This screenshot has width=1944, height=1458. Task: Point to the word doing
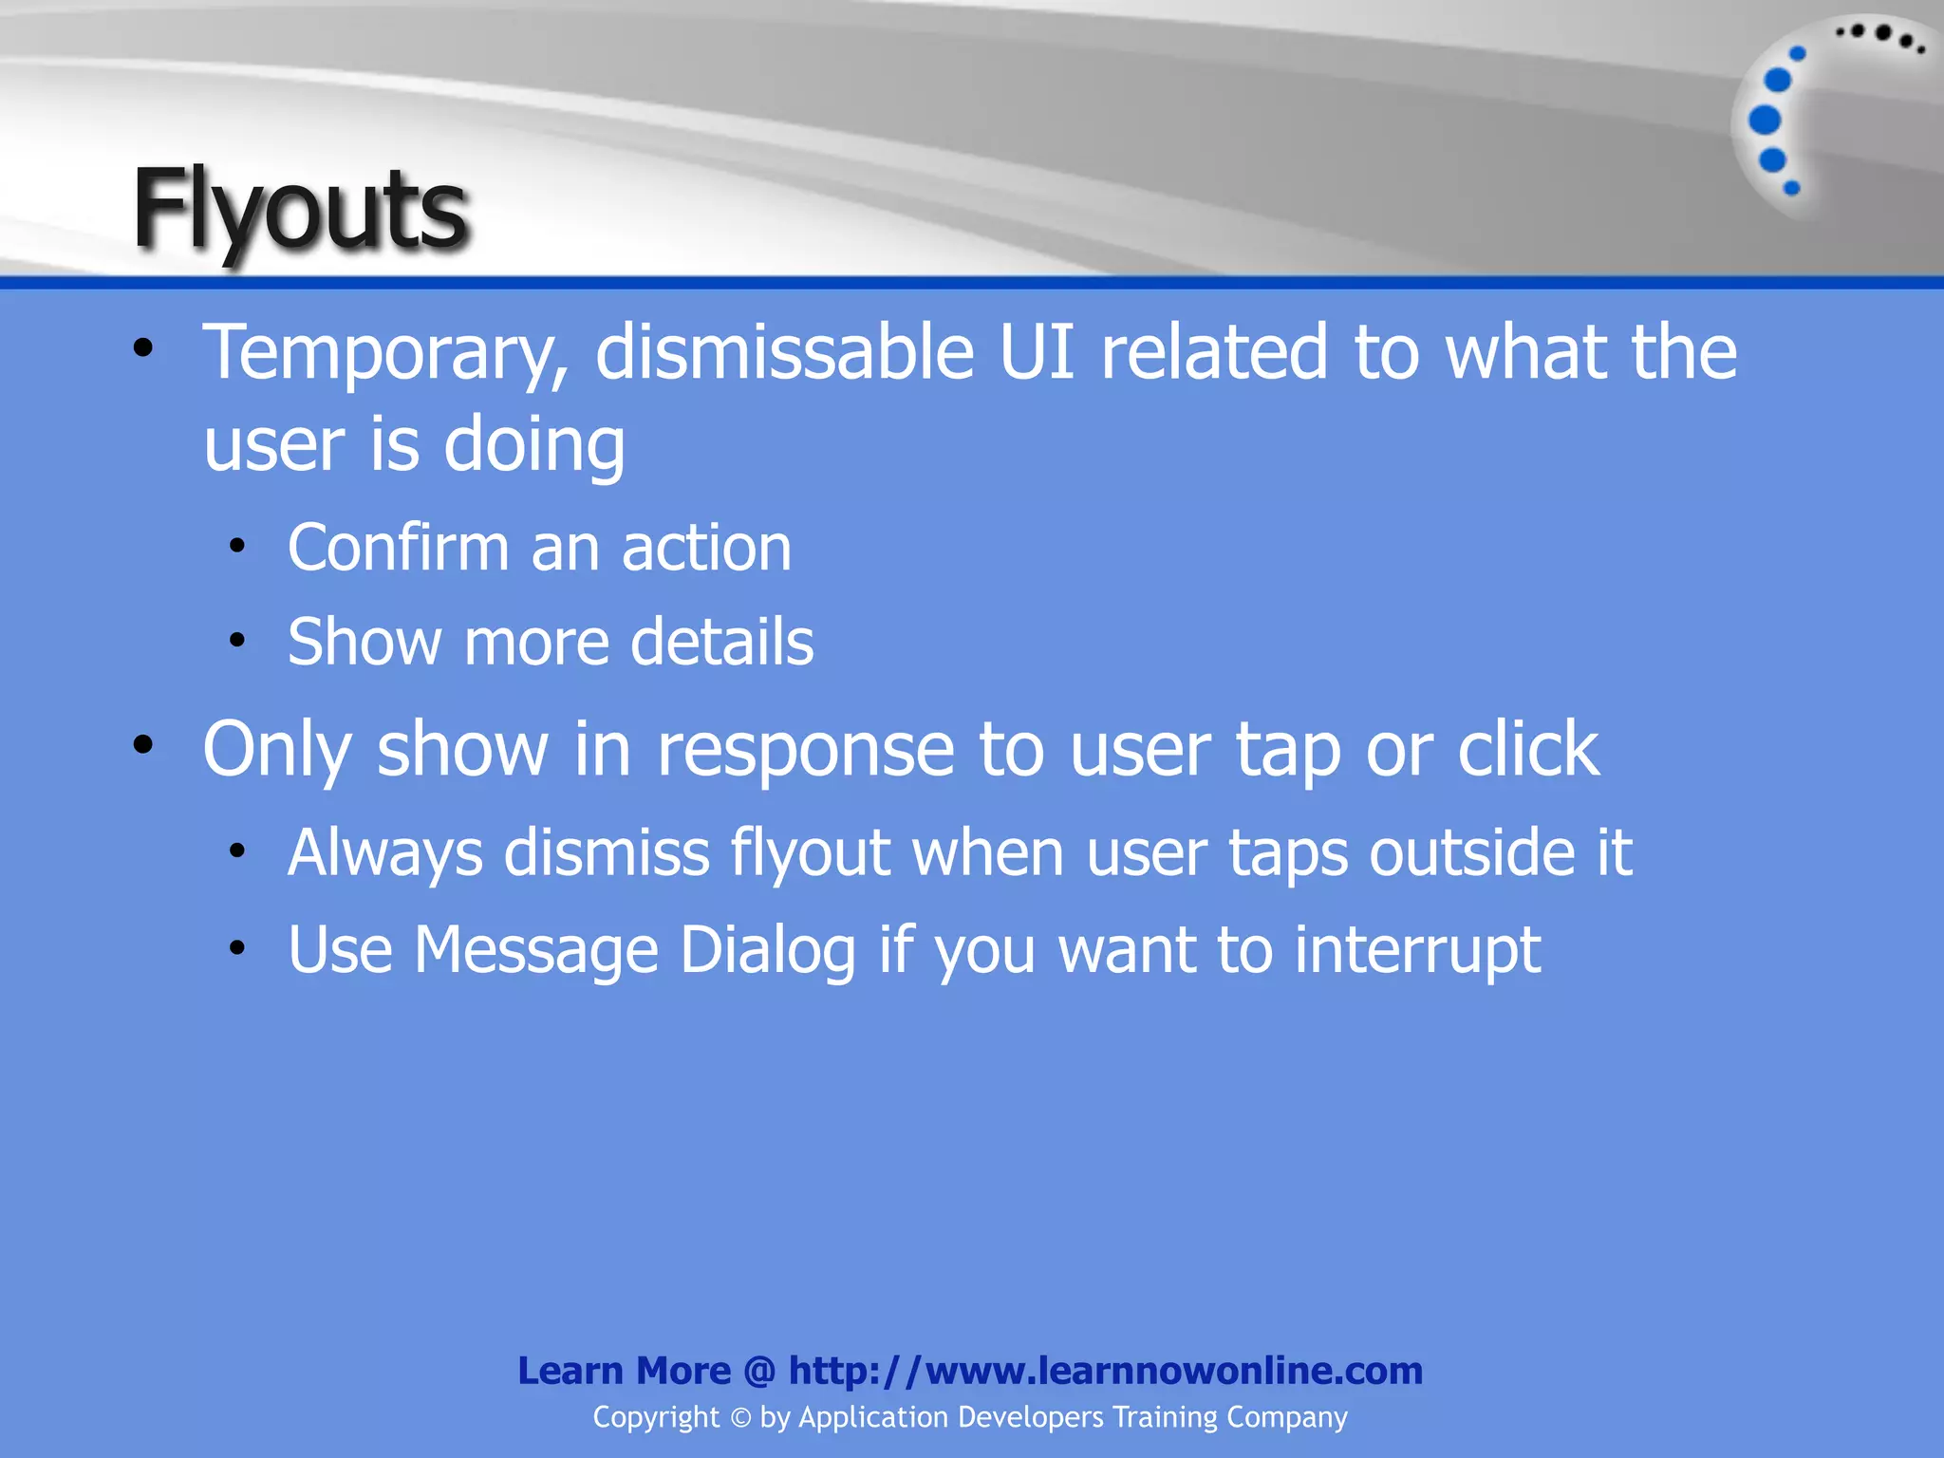(x=534, y=446)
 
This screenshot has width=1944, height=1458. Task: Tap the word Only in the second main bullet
(x=277, y=751)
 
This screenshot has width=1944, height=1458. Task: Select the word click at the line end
(x=1528, y=749)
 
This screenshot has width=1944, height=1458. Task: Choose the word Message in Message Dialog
(x=536, y=949)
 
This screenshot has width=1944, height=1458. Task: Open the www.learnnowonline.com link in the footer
(x=1106, y=1371)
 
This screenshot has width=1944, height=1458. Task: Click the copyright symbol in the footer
(x=740, y=1418)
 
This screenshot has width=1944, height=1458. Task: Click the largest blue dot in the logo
(x=1765, y=121)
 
